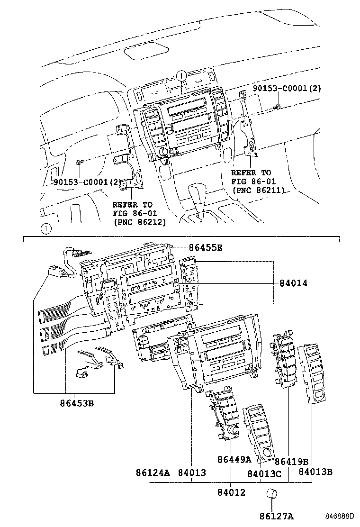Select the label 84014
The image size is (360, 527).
coord(293,283)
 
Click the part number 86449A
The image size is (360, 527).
coord(234,459)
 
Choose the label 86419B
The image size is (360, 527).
coord(291,461)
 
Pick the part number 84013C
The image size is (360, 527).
coord(264,473)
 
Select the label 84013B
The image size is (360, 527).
coord(315,472)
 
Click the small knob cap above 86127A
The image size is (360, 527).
coord(271,494)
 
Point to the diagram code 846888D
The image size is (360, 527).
coord(339,516)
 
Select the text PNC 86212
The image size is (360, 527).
coord(139,221)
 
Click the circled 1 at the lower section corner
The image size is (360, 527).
coord(45,229)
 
